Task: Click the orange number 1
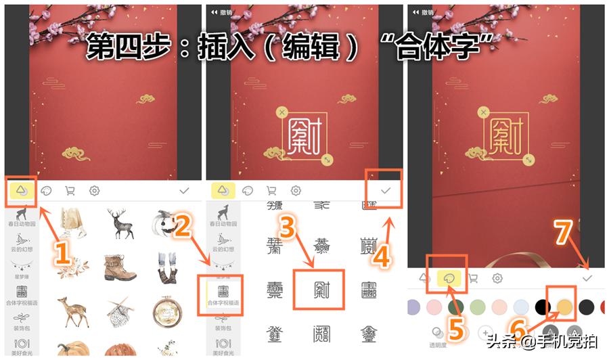[62, 254]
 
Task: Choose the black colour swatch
[543, 307]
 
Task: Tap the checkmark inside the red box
[386, 192]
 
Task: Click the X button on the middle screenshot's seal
[282, 112]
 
